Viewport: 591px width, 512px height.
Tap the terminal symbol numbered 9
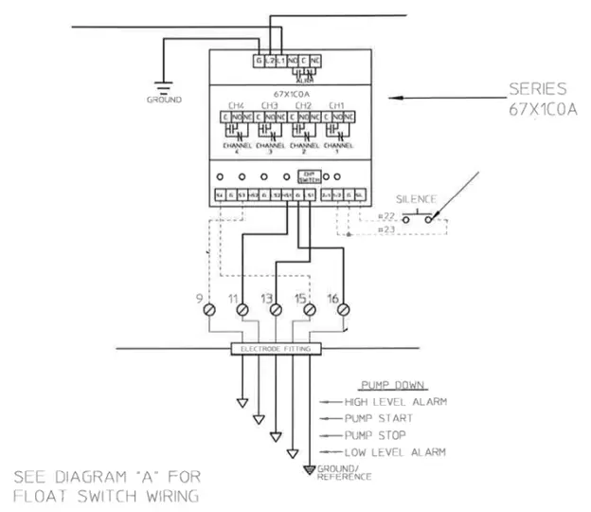(211, 310)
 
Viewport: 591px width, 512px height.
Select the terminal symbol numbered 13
(277, 310)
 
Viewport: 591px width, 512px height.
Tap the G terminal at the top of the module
(257, 61)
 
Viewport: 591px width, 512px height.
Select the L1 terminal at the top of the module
(280, 61)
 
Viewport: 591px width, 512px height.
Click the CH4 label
(236, 105)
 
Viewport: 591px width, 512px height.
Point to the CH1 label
(335, 105)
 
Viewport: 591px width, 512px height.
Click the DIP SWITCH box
(309, 175)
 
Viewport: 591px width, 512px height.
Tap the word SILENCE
(416, 199)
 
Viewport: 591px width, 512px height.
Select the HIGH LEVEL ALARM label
(396, 402)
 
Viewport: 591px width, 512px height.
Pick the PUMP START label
(379, 419)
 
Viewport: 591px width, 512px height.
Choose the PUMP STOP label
(376, 435)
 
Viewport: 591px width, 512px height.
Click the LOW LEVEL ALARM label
(395, 452)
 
